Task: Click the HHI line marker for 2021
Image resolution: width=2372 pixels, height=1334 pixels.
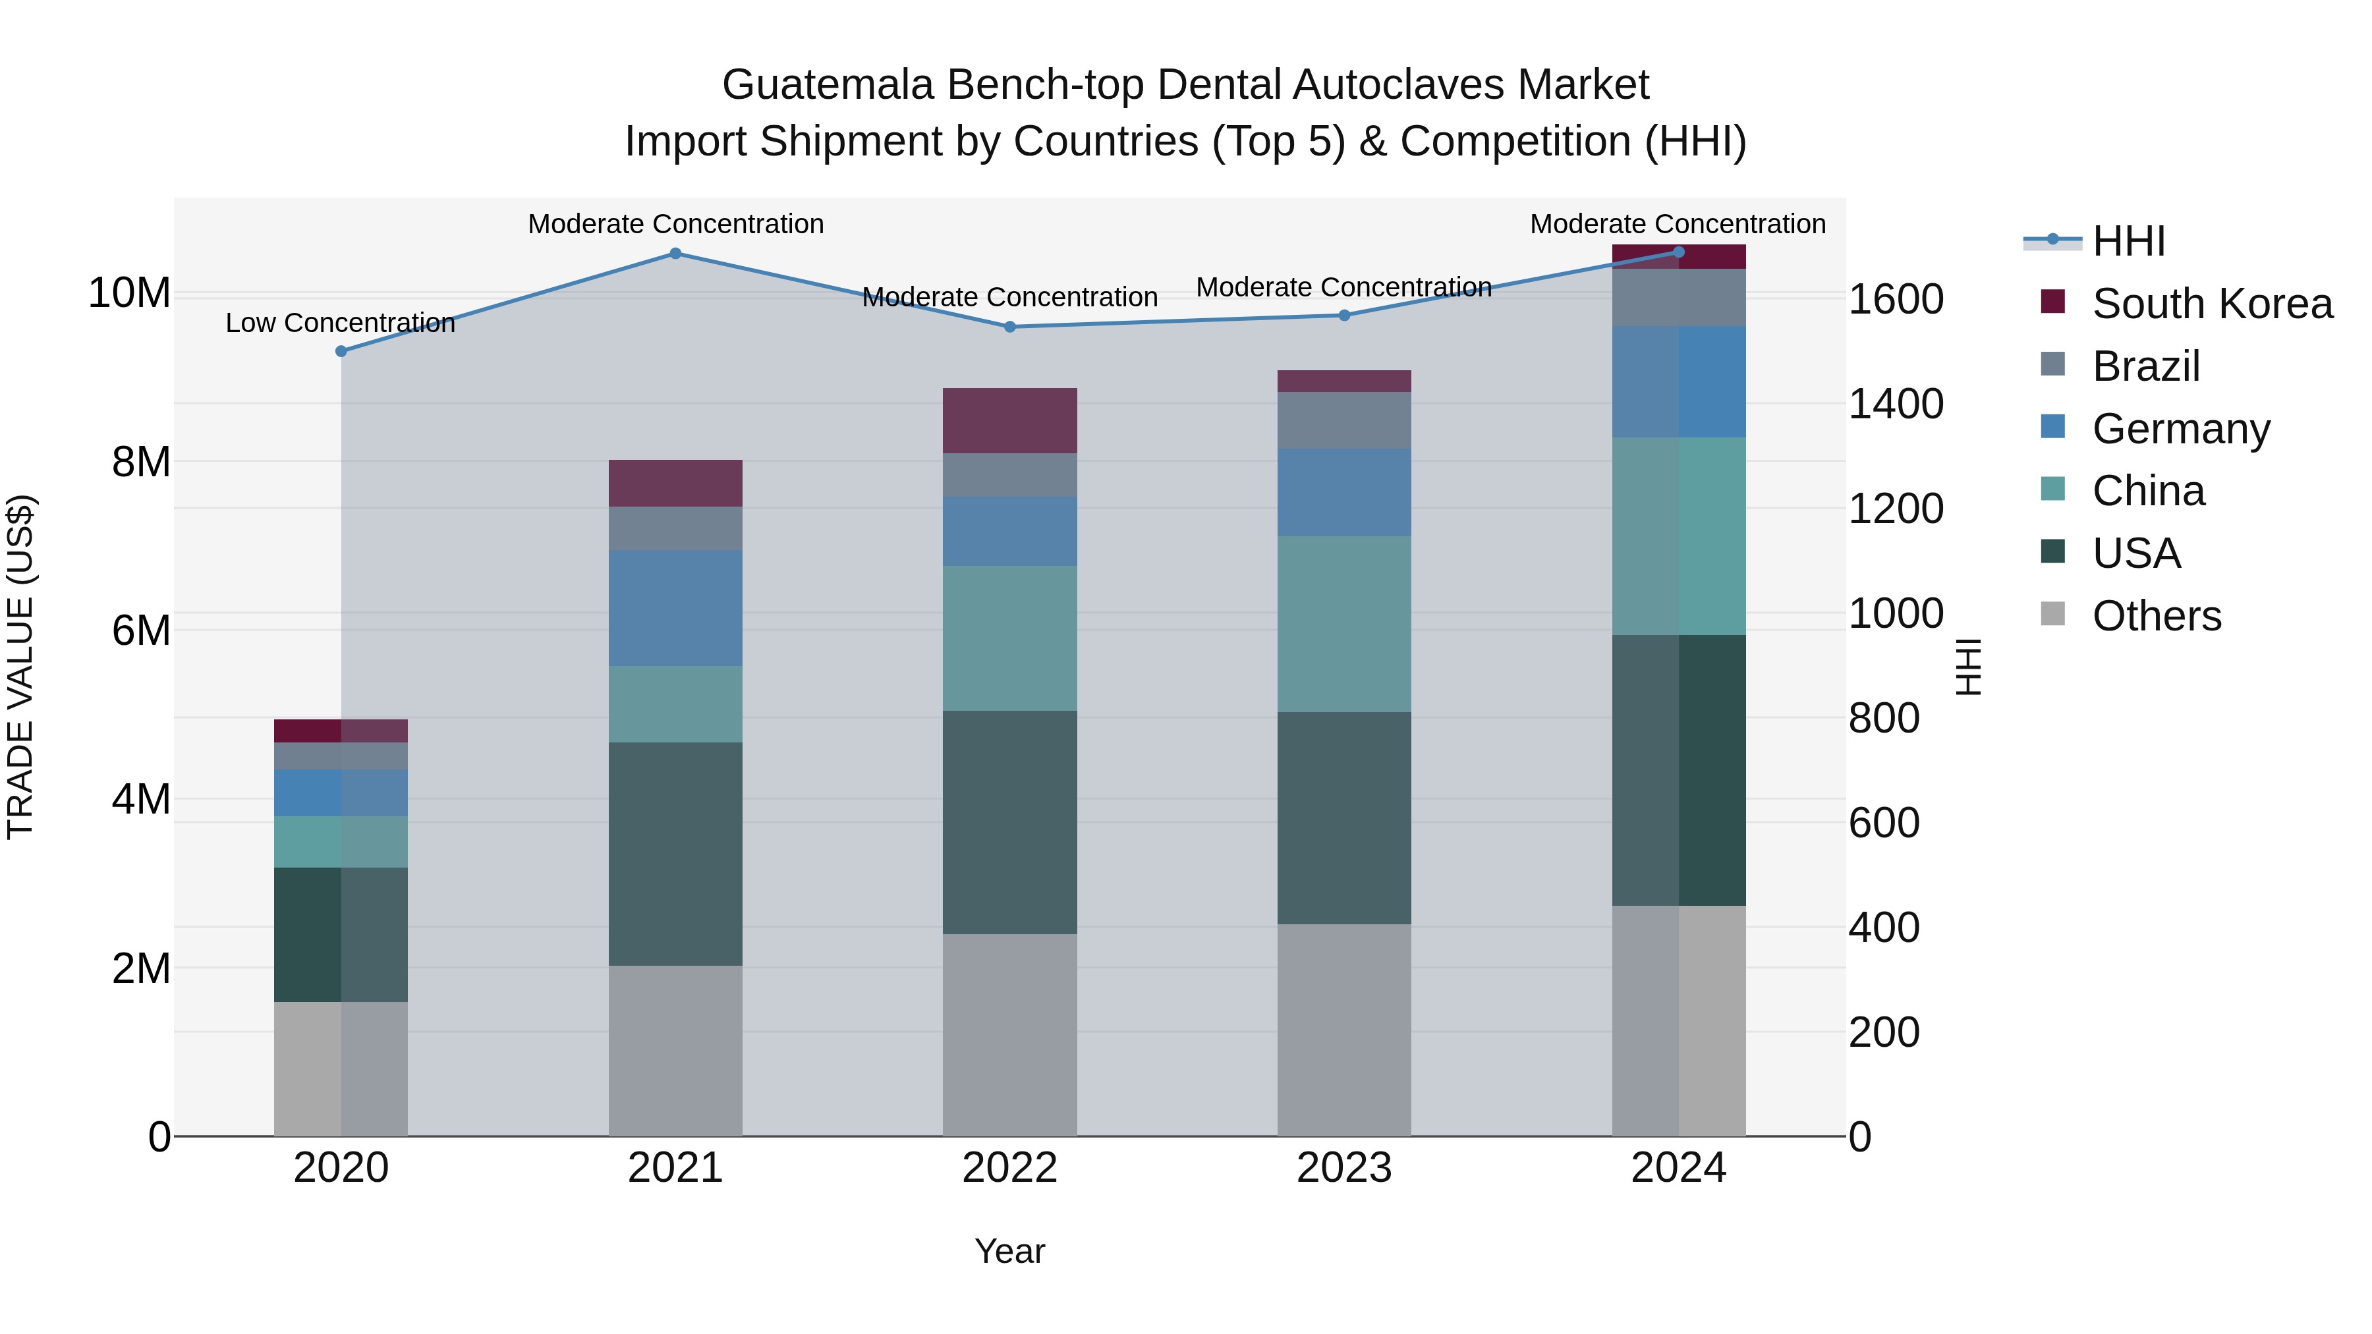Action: [675, 253]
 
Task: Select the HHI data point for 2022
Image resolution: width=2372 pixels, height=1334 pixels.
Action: [1009, 327]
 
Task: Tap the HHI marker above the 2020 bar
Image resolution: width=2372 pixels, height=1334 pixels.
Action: [341, 350]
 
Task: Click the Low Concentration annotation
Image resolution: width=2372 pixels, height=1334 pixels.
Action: [340, 323]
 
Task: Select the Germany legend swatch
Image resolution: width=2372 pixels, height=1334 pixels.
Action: [2052, 426]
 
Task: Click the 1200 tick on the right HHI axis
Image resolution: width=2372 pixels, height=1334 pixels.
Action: [1896, 509]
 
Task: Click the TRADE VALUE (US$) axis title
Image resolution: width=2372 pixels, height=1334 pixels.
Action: [20, 667]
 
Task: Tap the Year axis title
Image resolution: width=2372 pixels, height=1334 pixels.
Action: [1009, 1251]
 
